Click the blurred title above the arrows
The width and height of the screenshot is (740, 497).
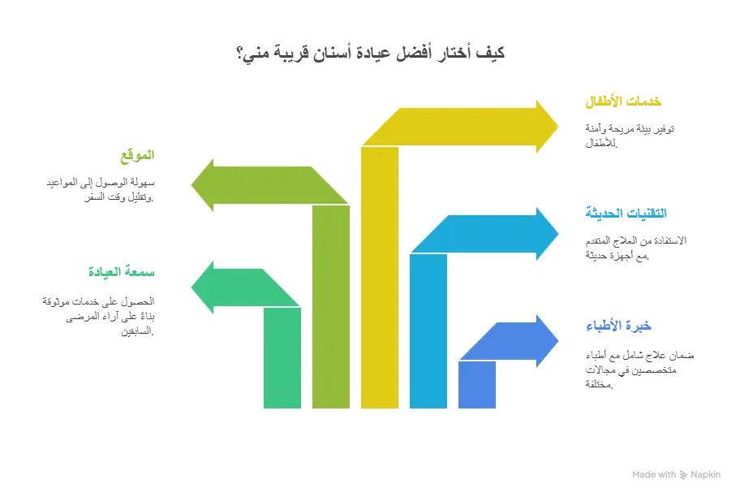tap(369, 53)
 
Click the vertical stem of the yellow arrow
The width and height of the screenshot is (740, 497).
tap(380, 276)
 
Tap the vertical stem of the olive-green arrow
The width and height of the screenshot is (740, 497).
tap(331, 305)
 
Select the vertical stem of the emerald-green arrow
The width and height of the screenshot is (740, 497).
tap(282, 357)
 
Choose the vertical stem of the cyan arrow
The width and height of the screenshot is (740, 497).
tap(428, 329)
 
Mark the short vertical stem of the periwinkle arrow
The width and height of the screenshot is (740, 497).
tap(477, 383)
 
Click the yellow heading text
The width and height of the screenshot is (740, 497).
tap(623, 102)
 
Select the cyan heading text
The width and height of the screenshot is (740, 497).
tap(626, 213)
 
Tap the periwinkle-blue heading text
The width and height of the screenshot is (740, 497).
tap(620, 326)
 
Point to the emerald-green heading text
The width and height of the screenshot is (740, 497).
tap(121, 270)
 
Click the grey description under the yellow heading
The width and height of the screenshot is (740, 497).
tap(629, 136)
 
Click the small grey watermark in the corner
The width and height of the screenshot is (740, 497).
tap(674, 473)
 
